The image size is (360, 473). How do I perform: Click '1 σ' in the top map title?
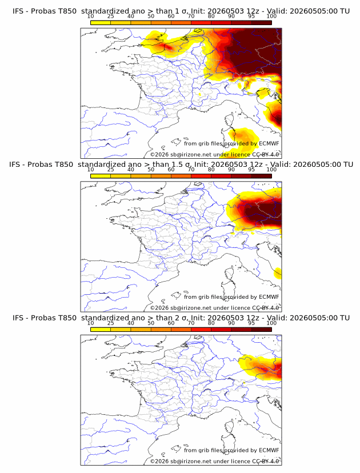pyautogui.click(x=184, y=11)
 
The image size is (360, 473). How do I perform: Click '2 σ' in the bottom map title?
pyautogui.click(x=184, y=318)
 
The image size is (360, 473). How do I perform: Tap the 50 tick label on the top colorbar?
pyautogui.click(x=151, y=17)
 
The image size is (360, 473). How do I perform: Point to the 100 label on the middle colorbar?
pyautogui.click(x=271, y=170)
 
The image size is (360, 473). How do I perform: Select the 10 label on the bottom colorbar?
pyautogui.click(x=90, y=323)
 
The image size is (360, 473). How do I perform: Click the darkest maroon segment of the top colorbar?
pyautogui.click(x=261, y=22)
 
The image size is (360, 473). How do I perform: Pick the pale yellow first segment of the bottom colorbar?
pyautogui.click(x=101, y=330)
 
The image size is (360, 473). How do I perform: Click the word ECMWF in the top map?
pyautogui.click(x=269, y=143)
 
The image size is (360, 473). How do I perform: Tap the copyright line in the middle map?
pyautogui.click(x=214, y=308)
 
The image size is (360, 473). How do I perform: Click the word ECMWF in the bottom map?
pyautogui.click(x=269, y=450)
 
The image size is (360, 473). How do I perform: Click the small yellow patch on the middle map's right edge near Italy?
pyautogui.click(x=278, y=273)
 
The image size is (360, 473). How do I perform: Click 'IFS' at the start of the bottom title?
pyautogui.click(x=18, y=318)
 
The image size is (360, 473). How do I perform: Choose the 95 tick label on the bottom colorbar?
pyautogui.click(x=251, y=323)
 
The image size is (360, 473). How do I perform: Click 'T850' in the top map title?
pyautogui.click(x=67, y=11)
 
